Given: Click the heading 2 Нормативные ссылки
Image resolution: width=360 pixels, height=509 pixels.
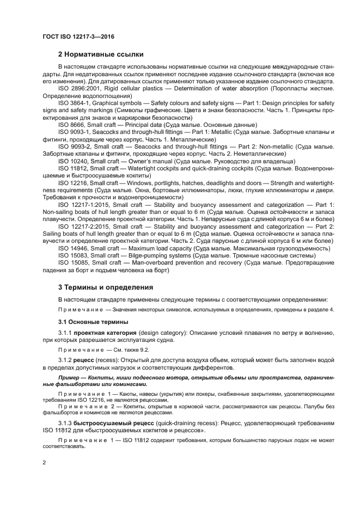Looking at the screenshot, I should [101, 54].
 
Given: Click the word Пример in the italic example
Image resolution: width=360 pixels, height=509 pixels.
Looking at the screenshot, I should [71, 377].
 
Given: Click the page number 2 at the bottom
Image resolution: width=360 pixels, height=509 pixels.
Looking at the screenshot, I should [44, 462].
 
